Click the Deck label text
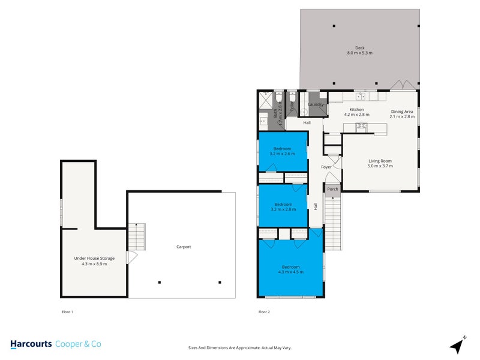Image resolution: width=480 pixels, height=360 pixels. tap(359, 48)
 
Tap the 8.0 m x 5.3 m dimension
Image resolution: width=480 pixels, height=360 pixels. tap(359, 53)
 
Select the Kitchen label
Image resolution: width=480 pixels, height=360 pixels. tap(357, 109)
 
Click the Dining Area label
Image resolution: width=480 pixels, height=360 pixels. tap(402, 111)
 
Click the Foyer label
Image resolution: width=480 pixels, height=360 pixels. tap(326, 167)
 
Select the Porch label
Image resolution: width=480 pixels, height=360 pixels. tap(332, 189)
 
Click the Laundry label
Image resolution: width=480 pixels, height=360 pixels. tap(316, 104)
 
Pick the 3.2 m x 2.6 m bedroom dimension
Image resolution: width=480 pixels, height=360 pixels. tap(283, 154)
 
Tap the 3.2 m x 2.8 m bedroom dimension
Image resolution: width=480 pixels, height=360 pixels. tap(283, 209)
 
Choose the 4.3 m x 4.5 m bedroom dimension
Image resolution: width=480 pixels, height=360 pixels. tap(290, 272)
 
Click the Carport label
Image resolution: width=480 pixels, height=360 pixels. tap(184, 247)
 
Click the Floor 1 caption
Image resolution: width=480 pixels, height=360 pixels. tap(67, 312)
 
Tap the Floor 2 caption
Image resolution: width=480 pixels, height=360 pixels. tap(264, 312)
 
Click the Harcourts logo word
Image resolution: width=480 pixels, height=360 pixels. tap(30, 344)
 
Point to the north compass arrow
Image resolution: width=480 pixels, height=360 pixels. tap(457, 345)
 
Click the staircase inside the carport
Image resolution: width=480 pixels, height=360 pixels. tap(136, 237)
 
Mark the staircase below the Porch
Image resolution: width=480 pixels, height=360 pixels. tap(333, 222)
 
